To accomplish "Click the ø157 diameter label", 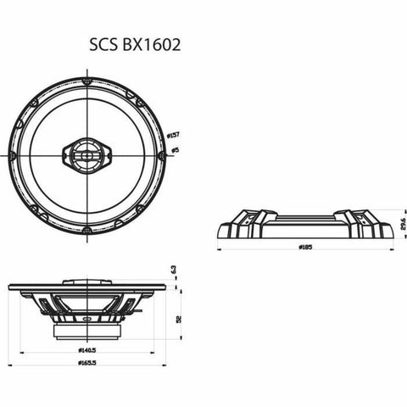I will pyautogui.click(x=173, y=136).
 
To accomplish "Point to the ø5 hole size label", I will pyautogui.click(x=174, y=150).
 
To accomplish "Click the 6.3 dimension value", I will pyautogui.click(x=173, y=270).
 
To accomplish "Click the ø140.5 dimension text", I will pyautogui.click(x=87, y=349).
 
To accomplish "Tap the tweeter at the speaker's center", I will pyautogui.click(x=87, y=155).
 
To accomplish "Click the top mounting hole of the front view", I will pyautogui.click(x=87, y=81).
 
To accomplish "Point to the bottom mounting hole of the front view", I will pyautogui.click(x=87, y=230).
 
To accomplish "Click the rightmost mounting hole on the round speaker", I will pyautogui.click(x=161, y=156).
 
